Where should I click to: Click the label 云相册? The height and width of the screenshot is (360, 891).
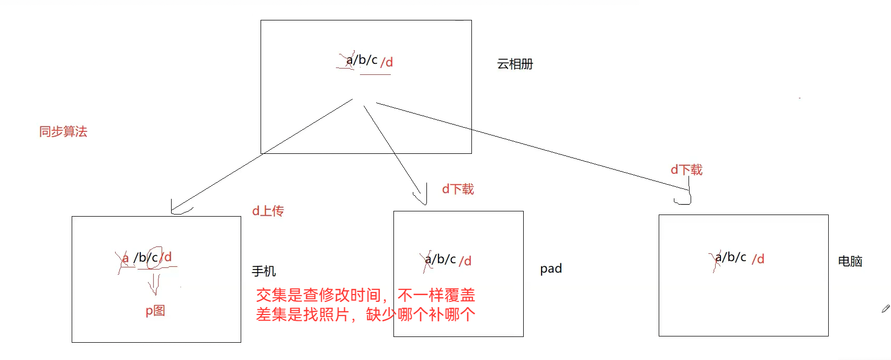(x=515, y=64)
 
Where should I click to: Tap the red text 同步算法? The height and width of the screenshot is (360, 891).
(x=63, y=132)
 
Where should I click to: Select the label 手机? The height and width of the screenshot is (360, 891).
(x=264, y=271)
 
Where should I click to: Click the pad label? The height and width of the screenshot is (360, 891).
(x=551, y=269)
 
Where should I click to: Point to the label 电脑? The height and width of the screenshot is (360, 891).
(x=850, y=261)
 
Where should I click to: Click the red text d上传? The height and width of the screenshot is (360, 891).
(x=268, y=211)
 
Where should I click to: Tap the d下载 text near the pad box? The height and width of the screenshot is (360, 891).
(x=458, y=189)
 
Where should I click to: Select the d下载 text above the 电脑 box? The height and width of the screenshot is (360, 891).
(x=686, y=170)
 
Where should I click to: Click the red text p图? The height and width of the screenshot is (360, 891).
(x=155, y=311)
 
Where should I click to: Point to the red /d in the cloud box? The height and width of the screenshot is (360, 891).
(x=387, y=62)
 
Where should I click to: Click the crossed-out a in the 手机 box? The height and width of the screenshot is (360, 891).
(x=125, y=258)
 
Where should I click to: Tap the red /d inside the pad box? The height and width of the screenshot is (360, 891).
(x=465, y=261)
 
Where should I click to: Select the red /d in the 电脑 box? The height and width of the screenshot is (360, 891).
(x=758, y=259)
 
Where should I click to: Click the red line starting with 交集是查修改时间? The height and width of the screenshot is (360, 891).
(x=365, y=296)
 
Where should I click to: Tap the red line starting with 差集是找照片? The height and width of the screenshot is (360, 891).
(x=365, y=315)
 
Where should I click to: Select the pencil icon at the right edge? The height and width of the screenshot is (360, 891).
(x=885, y=309)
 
